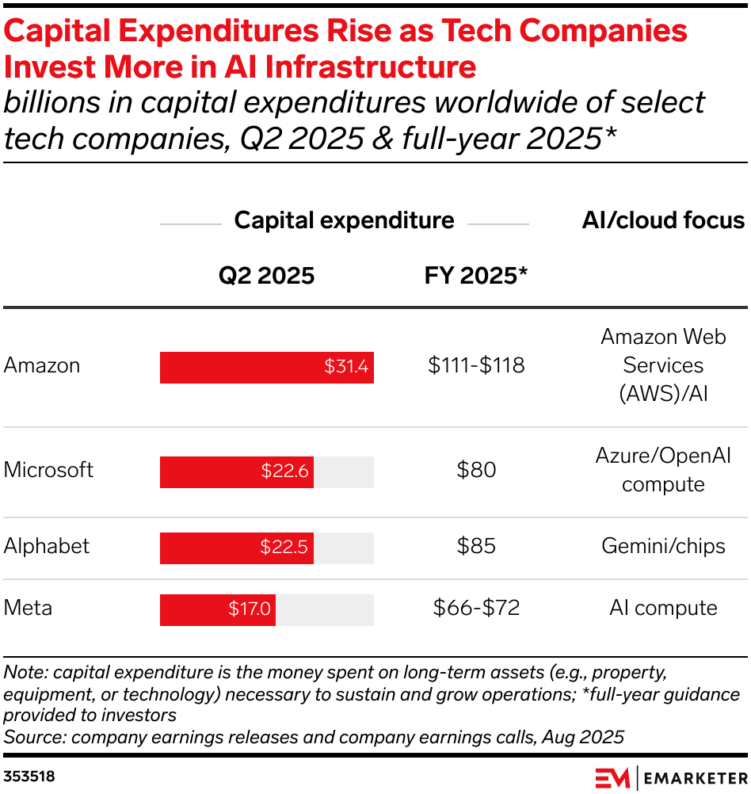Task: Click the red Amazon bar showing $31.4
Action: tap(266, 368)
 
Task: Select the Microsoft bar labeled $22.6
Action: tap(237, 471)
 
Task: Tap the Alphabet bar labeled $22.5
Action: tap(237, 548)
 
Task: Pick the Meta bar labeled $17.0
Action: tap(218, 609)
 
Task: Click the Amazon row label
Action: tap(42, 365)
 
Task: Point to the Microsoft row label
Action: tap(48, 470)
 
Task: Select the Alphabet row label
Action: tap(47, 546)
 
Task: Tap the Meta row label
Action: tap(28, 608)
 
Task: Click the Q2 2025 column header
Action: tap(266, 275)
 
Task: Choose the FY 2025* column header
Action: tap(476, 275)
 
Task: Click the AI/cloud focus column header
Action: tap(663, 220)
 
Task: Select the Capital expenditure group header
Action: tap(344, 220)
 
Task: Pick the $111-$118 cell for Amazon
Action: tap(476, 365)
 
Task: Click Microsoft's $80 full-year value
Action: tap(476, 470)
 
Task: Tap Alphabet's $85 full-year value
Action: tap(476, 546)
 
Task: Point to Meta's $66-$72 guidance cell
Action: tap(476, 608)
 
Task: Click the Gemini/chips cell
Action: tap(663, 546)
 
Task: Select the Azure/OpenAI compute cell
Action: tap(663, 470)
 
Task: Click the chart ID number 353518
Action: tap(29, 777)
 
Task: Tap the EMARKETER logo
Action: tap(670, 777)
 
